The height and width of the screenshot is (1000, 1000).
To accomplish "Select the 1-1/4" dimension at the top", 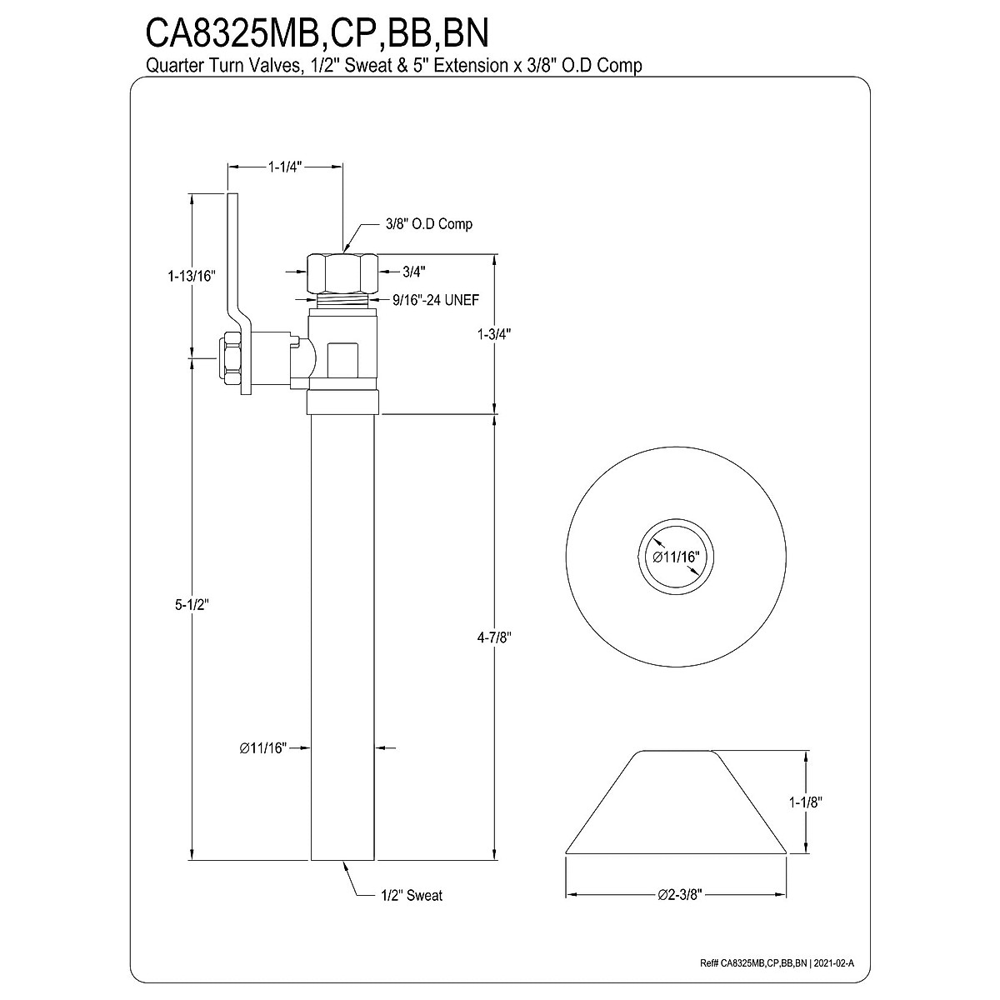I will click(x=284, y=167).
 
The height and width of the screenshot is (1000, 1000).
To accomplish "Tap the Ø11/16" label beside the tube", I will click(x=262, y=748).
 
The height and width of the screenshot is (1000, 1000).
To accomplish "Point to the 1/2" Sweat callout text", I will click(x=411, y=896).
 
